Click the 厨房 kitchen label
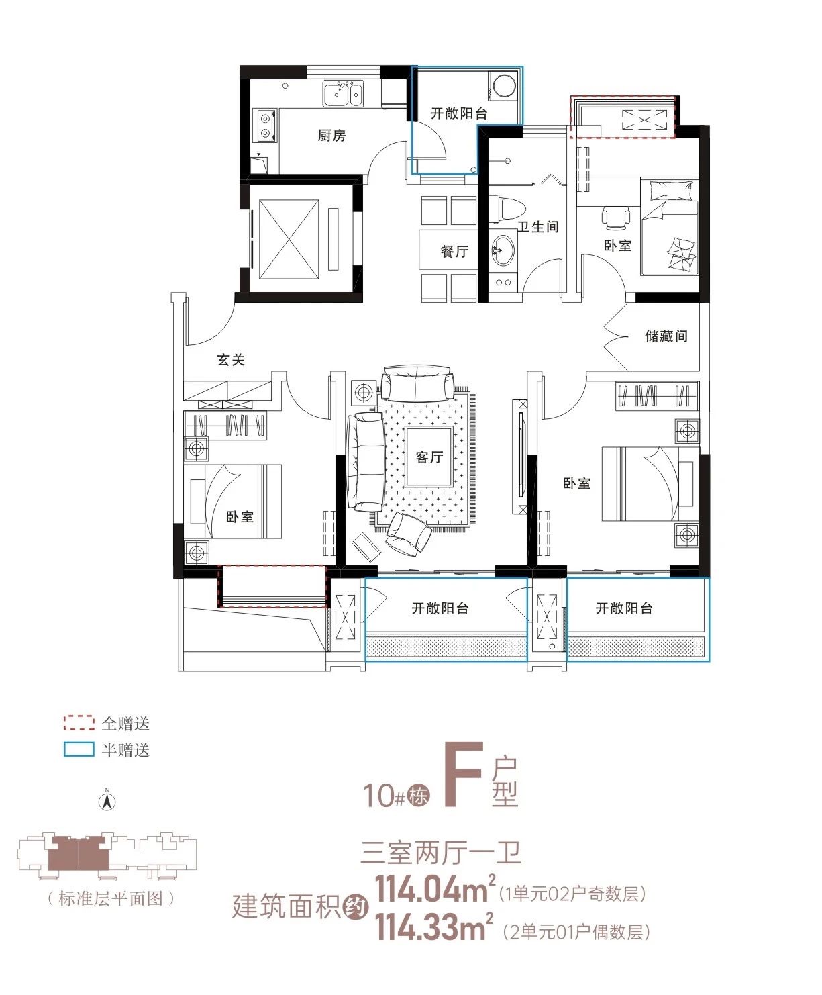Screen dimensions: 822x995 331,136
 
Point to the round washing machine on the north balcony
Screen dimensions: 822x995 504,87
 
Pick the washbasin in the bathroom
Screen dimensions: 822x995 502,250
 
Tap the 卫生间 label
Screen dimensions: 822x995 538,227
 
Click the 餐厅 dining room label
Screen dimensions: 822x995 454,251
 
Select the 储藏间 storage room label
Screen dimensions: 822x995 666,336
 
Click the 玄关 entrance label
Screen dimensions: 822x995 231,359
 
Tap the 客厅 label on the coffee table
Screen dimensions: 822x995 429,457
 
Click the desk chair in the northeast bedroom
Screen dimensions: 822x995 615,218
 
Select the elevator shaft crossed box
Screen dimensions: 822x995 289,240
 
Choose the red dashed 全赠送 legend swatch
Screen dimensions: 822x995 79,722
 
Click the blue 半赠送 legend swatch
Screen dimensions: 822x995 79,749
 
